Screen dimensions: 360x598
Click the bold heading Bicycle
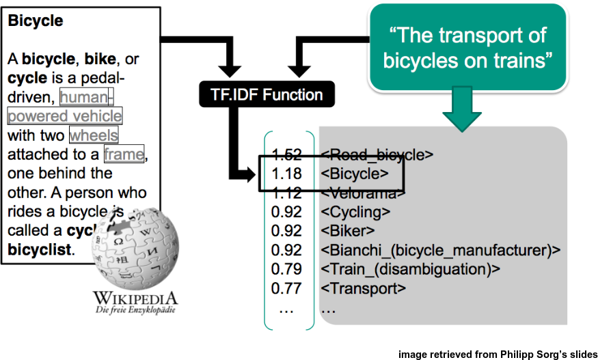(x=35, y=21)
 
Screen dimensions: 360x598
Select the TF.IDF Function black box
(x=260, y=94)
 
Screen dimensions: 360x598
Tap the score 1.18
(x=286, y=174)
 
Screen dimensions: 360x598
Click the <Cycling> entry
(x=359, y=212)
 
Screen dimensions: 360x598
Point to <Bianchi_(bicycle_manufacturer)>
(x=440, y=250)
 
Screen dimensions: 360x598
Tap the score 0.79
(x=286, y=269)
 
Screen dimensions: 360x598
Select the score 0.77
(x=286, y=288)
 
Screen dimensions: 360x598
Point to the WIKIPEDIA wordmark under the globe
(x=135, y=299)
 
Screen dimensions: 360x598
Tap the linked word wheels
(x=94, y=135)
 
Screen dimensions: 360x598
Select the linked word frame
(x=124, y=154)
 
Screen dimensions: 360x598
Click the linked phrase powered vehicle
(x=65, y=115)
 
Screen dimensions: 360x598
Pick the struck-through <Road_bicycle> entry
(x=377, y=155)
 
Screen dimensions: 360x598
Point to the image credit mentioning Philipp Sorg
(x=497, y=353)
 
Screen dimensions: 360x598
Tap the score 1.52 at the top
(x=286, y=155)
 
